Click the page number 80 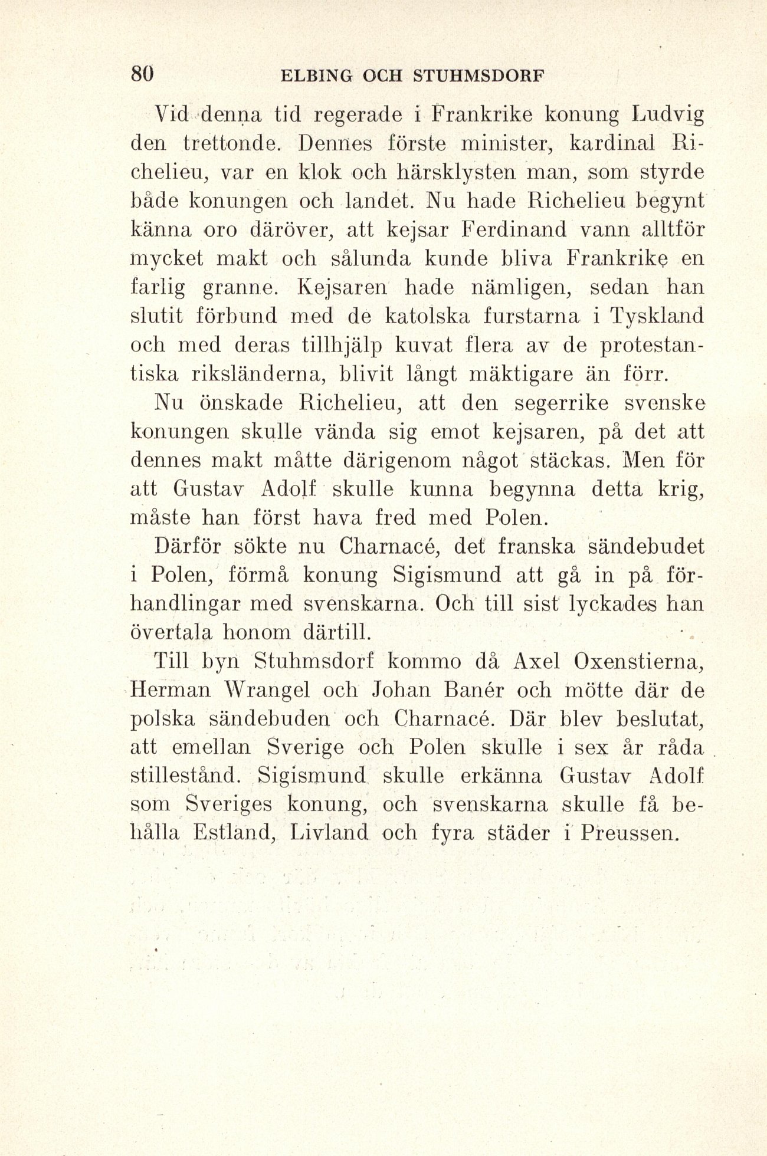(x=142, y=74)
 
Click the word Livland (x=330, y=833)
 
